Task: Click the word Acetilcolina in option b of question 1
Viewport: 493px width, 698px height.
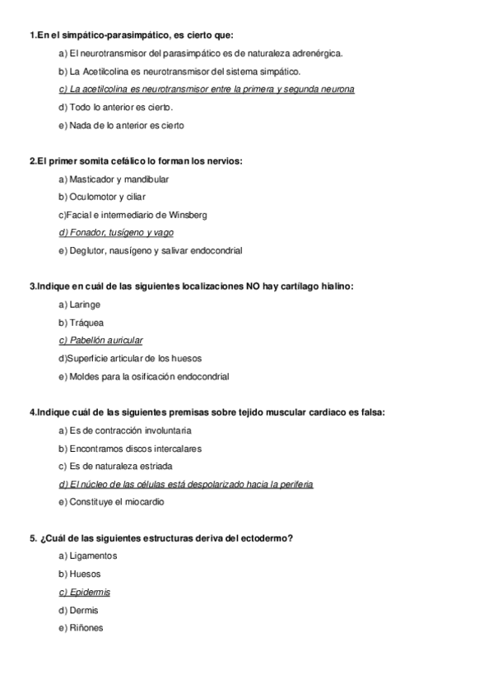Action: (105, 72)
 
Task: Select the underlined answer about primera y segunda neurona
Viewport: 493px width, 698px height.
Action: (207, 90)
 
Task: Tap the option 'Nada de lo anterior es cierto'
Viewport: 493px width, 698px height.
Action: (122, 125)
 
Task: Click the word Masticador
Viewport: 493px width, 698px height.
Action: (91, 179)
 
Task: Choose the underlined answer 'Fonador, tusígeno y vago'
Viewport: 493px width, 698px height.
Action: (116, 232)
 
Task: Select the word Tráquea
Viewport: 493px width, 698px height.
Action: (87, 323)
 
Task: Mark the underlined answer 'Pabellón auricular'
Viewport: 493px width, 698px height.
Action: (101, 340)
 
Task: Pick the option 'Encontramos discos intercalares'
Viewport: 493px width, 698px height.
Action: (130, 449)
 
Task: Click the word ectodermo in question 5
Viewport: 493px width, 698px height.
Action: (265, 538)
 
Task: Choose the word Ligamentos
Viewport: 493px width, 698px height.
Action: (94, 556)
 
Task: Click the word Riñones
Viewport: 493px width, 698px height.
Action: (87, 628)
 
